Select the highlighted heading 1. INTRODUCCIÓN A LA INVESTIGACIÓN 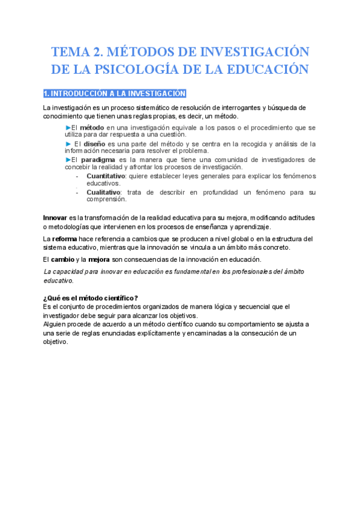point(115,94)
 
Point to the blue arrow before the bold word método point(68,127)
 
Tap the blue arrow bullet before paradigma point(68,160)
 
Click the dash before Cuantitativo point(77,176)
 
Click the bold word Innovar point(55,217)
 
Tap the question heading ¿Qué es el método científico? point(91,298)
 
